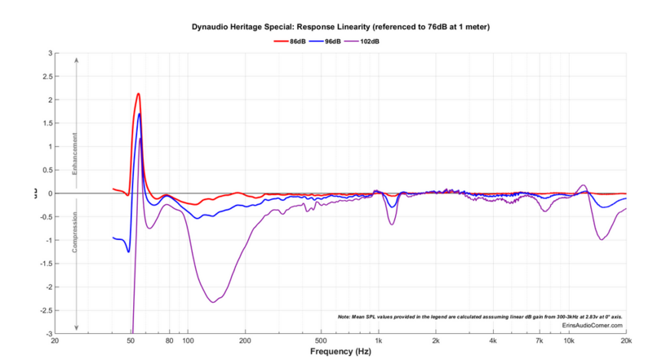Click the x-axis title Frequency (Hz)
pos(340,351)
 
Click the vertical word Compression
pos(76,233)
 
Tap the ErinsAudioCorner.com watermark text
pos(593,325)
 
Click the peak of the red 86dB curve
pos(139,94)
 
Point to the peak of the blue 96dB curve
pos(140,114)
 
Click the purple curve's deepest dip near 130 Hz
pos(213,302)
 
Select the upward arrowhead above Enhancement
pos(76,60)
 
